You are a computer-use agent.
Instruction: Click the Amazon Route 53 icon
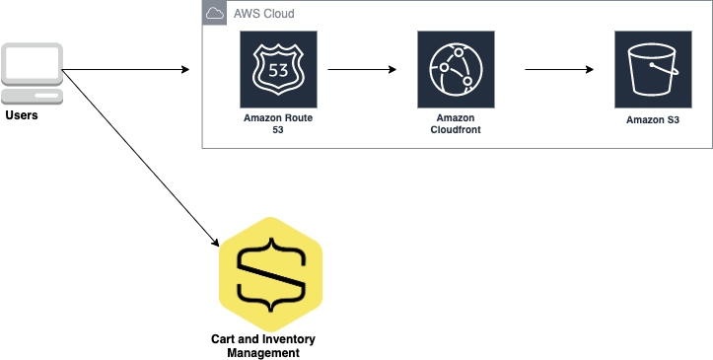pos(279,70)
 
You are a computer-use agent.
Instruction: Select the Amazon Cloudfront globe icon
pos(456,70)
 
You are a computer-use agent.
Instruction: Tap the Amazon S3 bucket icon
pos(653,70)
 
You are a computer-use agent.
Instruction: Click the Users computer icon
pos(32,74)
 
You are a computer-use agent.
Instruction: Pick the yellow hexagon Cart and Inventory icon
pos(270,274)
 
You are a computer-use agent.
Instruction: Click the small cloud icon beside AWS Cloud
pos(214,13)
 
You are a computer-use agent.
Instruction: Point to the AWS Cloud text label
pos(263,14)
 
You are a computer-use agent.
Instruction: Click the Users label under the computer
pos(22,115)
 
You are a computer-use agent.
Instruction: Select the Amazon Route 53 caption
pos(278,124)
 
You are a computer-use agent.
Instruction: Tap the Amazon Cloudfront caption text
pos(456,124)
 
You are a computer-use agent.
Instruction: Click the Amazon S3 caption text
pos(653,120)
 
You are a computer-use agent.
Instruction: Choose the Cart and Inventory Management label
pos(263,346)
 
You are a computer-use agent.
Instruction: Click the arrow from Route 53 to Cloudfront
pos(362,70)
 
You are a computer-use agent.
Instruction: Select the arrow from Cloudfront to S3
pos(559,70)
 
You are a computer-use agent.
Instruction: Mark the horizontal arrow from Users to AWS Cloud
pos(125,70)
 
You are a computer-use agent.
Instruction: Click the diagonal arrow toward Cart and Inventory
pos(140,158)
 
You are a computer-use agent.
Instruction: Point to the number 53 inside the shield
pos(278,70)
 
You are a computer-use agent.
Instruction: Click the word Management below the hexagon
pos(263,353)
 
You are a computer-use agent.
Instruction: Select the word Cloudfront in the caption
pos(456,130)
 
